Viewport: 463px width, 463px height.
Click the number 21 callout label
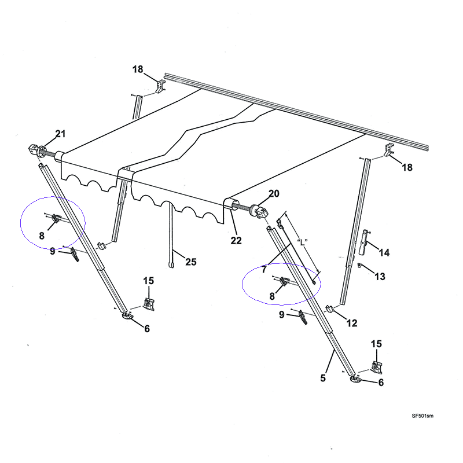pos(61,135)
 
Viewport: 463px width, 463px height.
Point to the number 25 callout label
pos(190,262)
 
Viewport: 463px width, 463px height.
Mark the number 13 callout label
pos(380,277)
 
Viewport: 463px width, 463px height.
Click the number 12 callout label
pos(352,324)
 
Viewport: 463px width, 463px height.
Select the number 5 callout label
pos(323,378)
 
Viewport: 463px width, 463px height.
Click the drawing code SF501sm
pos(423,416)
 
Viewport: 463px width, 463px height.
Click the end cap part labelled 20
pos(260,212)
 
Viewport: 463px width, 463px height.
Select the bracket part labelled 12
pos(332,308)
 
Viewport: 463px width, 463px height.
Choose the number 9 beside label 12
pos(282,315)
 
